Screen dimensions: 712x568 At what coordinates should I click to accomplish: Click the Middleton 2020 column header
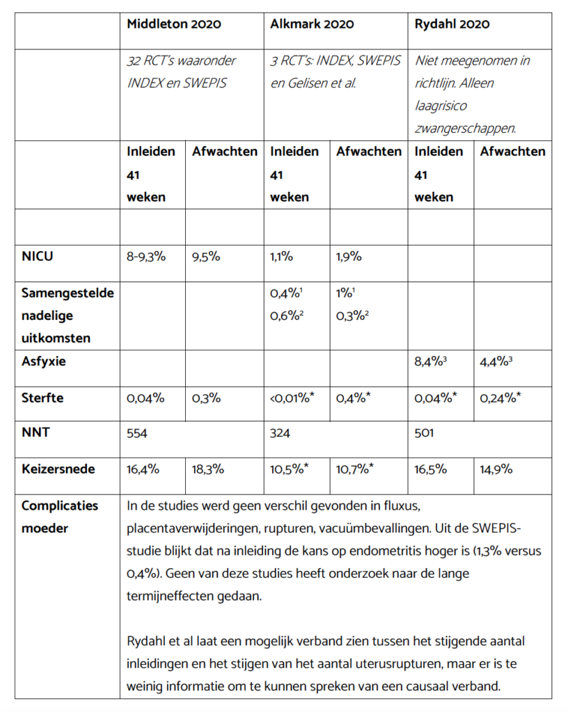[173, 24]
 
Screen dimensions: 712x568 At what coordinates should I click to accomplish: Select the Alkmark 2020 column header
[312, 24]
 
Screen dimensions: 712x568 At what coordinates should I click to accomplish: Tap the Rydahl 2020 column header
[452, 24]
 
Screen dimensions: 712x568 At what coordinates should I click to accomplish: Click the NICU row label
[38, 256]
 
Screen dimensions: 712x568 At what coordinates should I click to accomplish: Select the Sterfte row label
[42, 398]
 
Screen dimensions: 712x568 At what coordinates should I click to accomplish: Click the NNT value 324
[281, 433]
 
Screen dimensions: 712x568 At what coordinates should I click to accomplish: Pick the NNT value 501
[424, 433]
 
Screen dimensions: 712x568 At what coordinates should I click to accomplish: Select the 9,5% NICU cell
[206, 256]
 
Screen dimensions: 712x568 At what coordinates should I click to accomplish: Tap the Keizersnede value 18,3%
[207, 469]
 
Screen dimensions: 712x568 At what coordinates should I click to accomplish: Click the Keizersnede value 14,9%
[496, 469]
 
